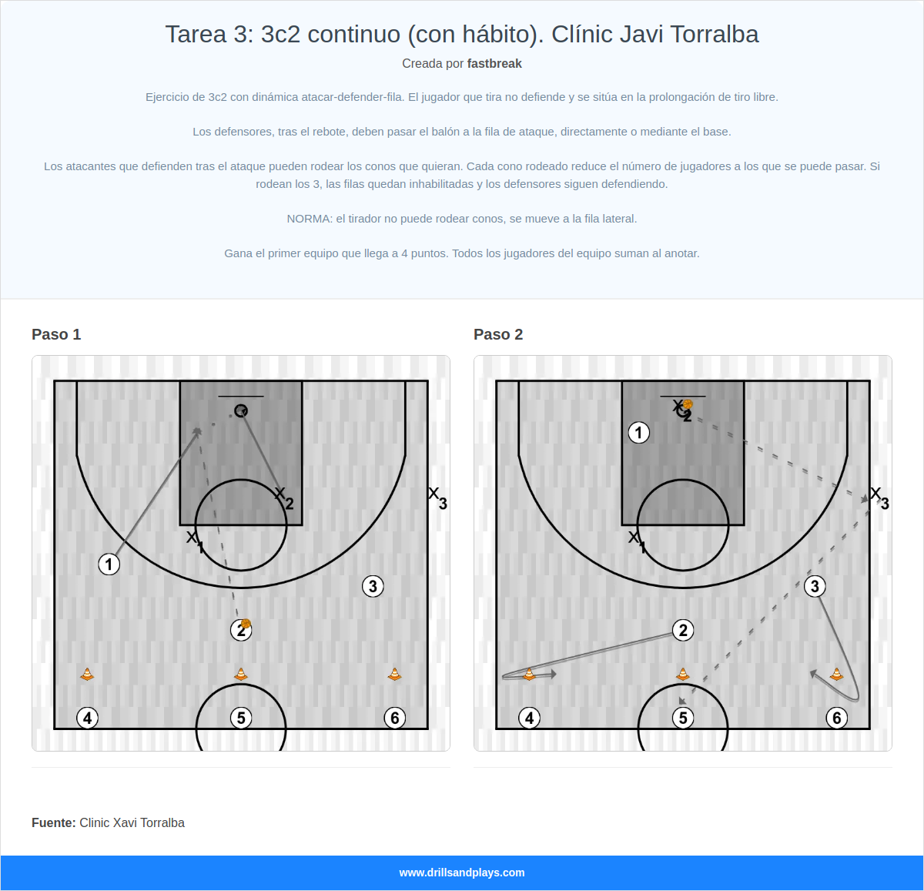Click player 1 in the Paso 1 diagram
coord(109,564)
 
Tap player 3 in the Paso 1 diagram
coord(373,587)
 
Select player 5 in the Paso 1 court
coord(241,718)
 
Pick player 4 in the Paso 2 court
coord(529,718)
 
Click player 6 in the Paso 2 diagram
coord(837,718)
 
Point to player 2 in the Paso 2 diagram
coord(683,631)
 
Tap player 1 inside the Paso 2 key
coord(638,433)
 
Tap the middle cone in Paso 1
coord(241,675)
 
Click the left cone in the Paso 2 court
coord(529,675)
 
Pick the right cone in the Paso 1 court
coord(395,675)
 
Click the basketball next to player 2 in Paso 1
coord(246,624)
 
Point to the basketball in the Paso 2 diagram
coord(688,404)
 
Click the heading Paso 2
coord(498,334)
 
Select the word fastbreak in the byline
coord(494,64)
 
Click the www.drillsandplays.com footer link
coord(462,873)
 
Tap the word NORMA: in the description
coord(310,219)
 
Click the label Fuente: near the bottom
coord(54,822)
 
